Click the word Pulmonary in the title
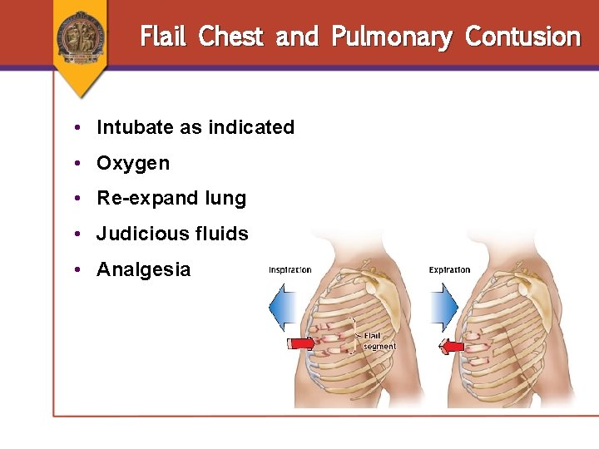click(391, 37)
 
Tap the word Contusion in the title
click(522, 37)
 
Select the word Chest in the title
click(231, 37)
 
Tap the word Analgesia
click(143, 269)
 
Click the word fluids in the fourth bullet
click(223, 234)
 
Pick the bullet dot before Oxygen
click(76, 163)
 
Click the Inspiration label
click(290, 269)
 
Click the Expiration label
click(449, 269)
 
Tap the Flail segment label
click(379, 341)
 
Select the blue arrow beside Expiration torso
click(443, 308)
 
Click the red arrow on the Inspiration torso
click(300, 343)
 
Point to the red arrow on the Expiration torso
click(452, 347)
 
